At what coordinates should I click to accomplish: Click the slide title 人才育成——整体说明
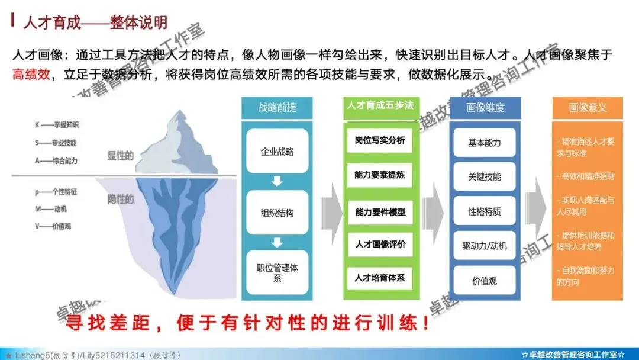coord(95,23)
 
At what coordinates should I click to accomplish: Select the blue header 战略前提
coord(277,107)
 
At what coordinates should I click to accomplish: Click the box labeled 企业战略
coord(277,151)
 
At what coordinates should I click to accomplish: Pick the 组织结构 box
coord(277,213)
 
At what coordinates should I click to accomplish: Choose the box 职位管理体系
coord(277,273)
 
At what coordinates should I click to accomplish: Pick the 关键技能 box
coord(485,176)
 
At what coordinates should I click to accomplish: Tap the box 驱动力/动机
coord(485,246)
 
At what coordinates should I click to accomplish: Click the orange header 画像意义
coord(588,107)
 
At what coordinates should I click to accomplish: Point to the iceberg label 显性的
coord(120,156)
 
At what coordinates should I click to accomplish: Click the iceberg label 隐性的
coord(120,199)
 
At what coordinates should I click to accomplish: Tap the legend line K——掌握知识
coord(57,125)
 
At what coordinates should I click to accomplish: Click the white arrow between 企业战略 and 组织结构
coord(277,181)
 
